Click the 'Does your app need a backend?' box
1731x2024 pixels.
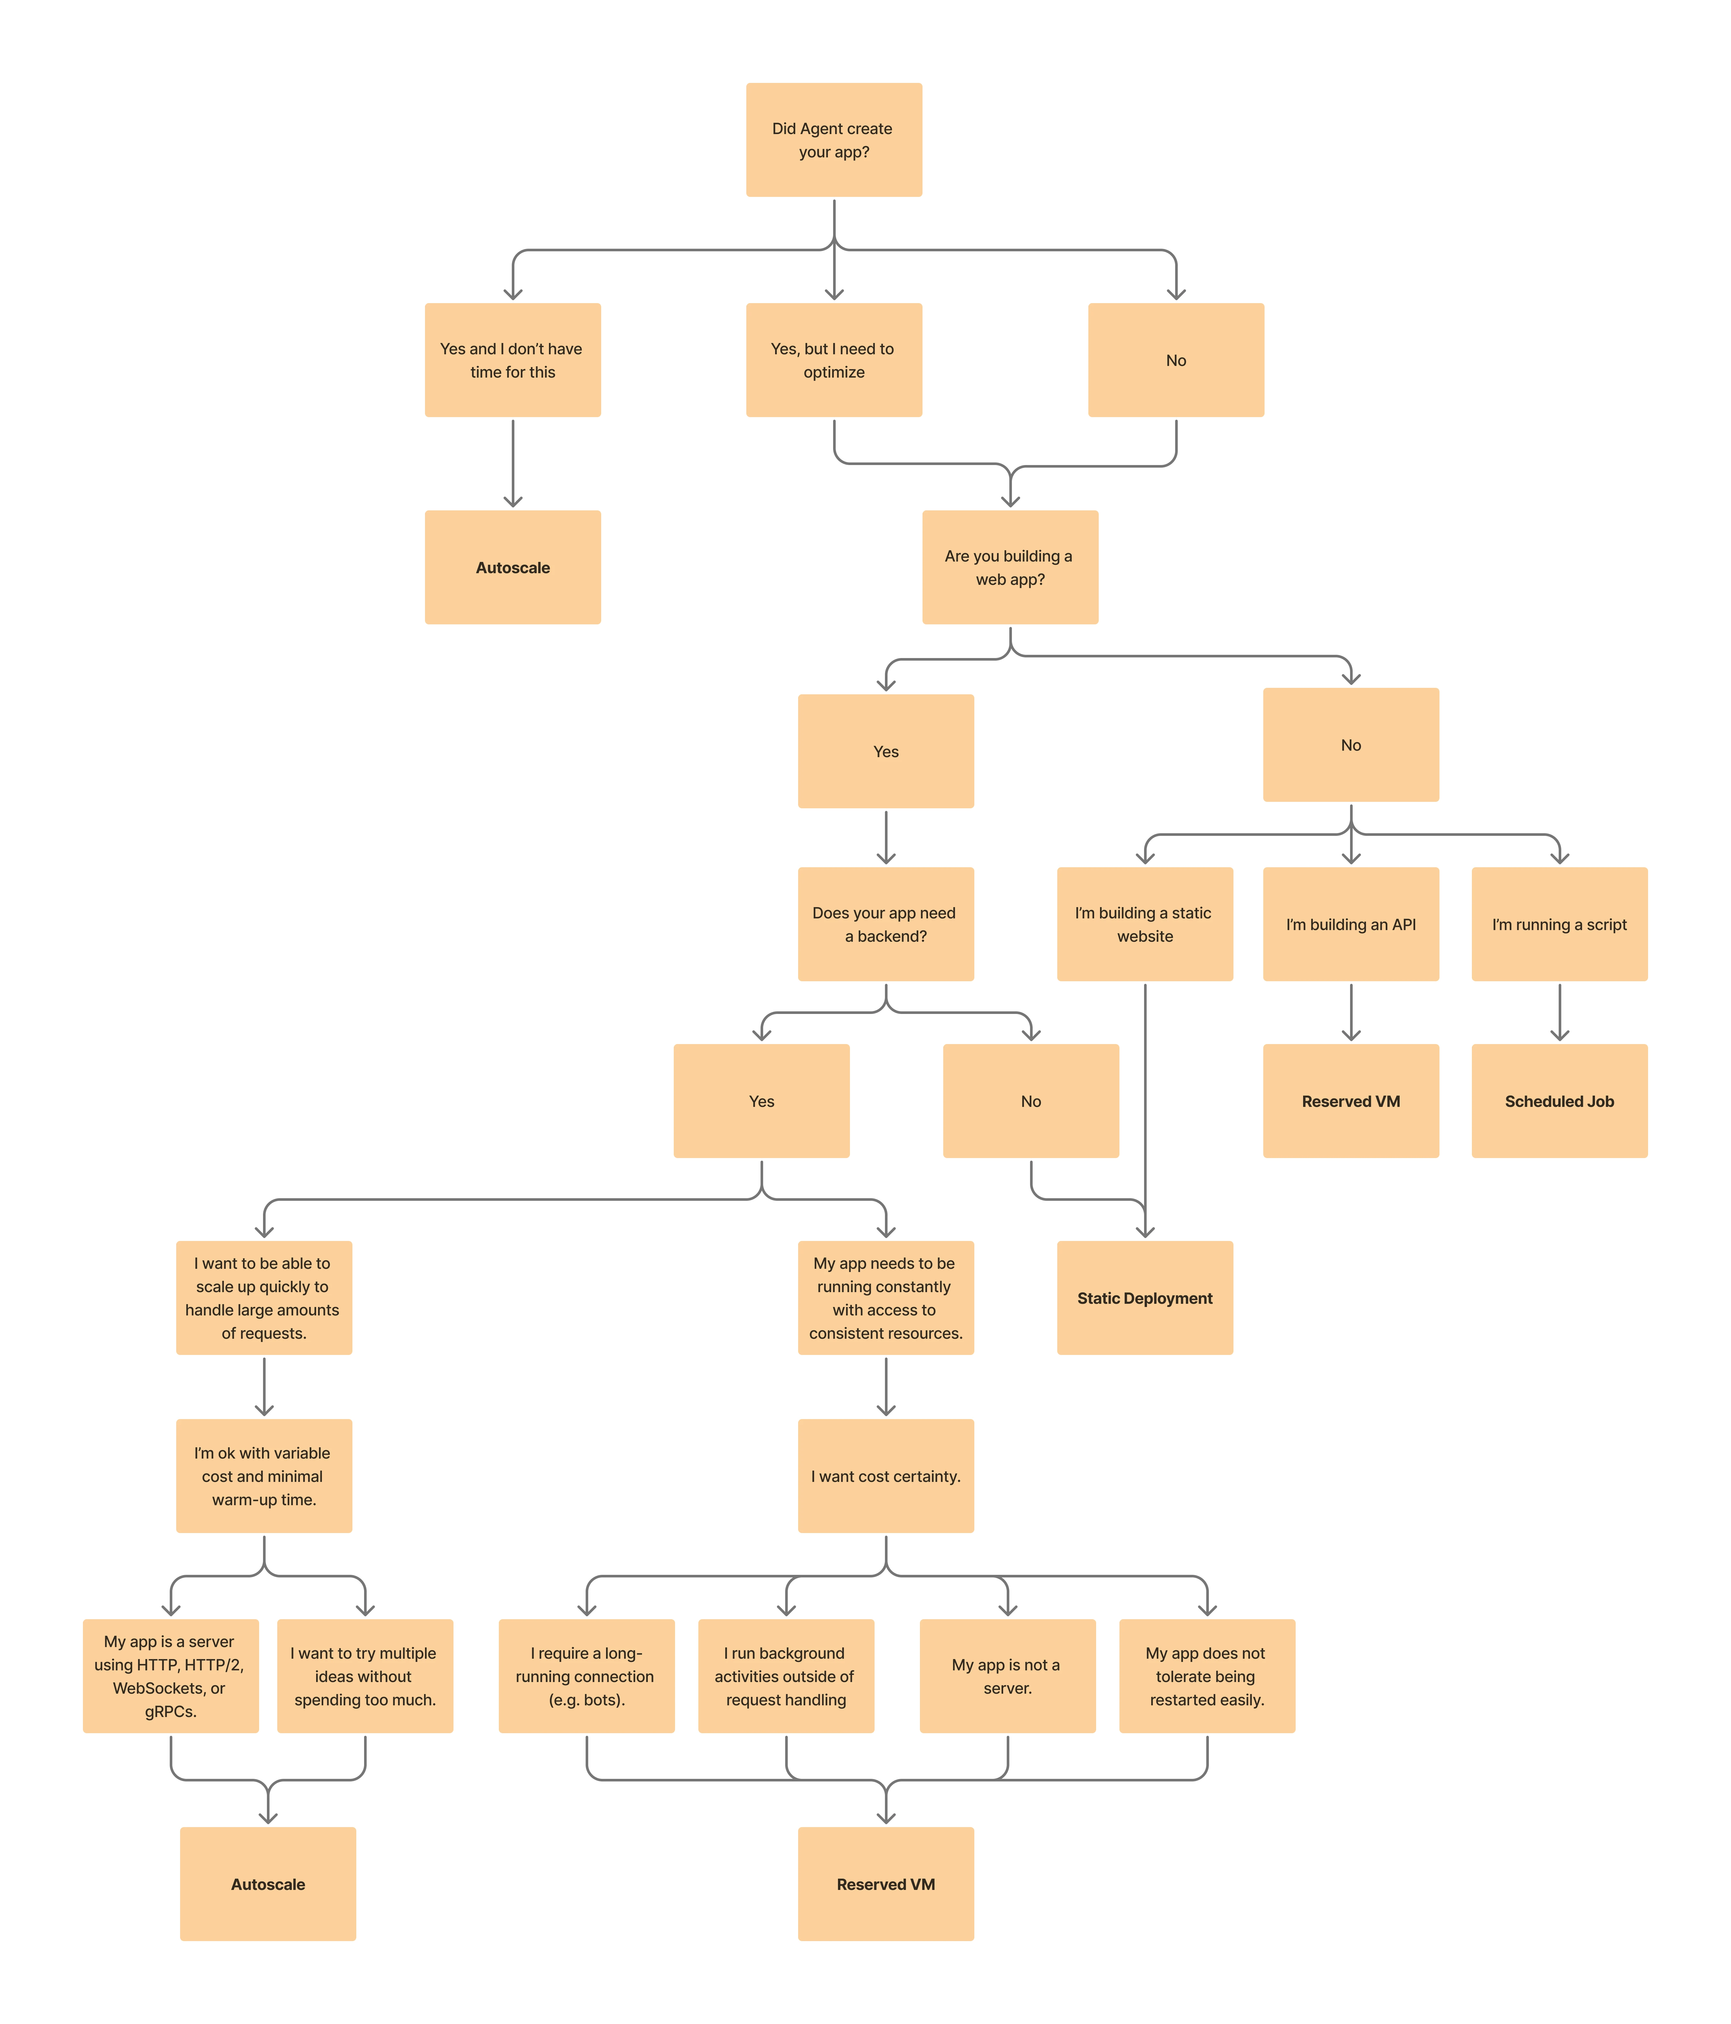click(886, 924)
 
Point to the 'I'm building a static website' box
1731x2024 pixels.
click(1145, 924)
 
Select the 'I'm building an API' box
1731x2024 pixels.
click(1351, 924)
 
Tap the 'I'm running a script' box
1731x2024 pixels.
click(1559, 924)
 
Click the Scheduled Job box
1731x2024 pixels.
click(1559, 1101)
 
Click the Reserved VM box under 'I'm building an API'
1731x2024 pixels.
click(1351, 1101)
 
